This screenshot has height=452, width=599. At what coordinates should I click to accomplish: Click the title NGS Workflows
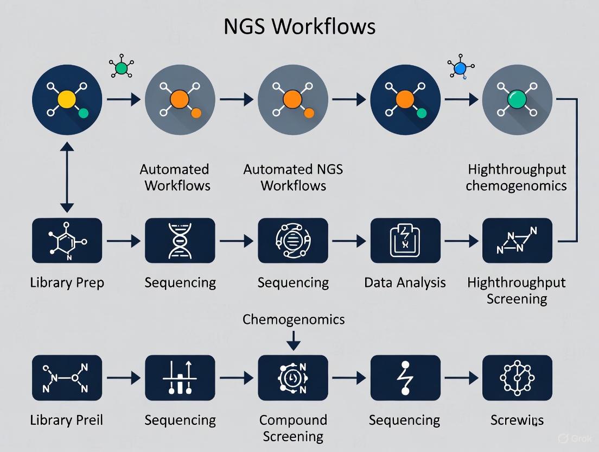(x=299, y=26)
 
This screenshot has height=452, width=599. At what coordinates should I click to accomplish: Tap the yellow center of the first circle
(x=67, y=99)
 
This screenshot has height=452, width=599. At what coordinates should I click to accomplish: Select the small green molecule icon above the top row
(x=121, y=68)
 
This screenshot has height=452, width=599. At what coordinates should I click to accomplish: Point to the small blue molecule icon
(x=460, y=68)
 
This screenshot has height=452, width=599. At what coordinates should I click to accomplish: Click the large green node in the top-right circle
(x=517, y=99)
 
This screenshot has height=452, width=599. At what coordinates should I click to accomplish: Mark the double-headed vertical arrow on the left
(x=67, y=177)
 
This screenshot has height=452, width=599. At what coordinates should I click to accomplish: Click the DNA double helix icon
(x=180, y=241)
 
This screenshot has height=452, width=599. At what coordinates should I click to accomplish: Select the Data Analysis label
(x=405, y=282)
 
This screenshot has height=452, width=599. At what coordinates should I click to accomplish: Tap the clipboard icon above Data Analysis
(x=405, y=241)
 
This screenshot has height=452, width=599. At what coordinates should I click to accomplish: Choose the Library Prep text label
(x=67, y=282)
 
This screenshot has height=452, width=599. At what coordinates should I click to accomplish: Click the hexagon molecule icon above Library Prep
(x=67, y=241)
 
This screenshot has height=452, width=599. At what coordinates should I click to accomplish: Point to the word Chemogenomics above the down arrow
(x=293, y=319)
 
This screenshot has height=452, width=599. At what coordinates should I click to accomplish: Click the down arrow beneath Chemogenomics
(x=293, y=341)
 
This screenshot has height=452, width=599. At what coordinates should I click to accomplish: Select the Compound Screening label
(x=293, y=428)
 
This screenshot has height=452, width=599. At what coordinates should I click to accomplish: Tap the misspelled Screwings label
(x=517, y=420)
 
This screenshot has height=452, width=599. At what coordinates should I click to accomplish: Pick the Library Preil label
(x=67, y=420)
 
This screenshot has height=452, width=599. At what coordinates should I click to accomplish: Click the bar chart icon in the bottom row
(x=180, y=378)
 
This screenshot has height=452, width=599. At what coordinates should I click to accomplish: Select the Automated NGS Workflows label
(x=293, y=177)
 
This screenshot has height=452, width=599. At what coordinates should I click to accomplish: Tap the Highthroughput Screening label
(x=517, y=291)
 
